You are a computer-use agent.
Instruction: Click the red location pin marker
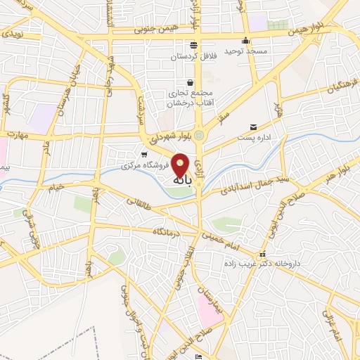tap(181, 165)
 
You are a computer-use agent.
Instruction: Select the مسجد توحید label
tap(243, 51)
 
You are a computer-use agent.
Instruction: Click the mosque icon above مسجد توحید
tap(245, 40)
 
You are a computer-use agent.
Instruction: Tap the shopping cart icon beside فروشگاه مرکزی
tap(144, 155)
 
